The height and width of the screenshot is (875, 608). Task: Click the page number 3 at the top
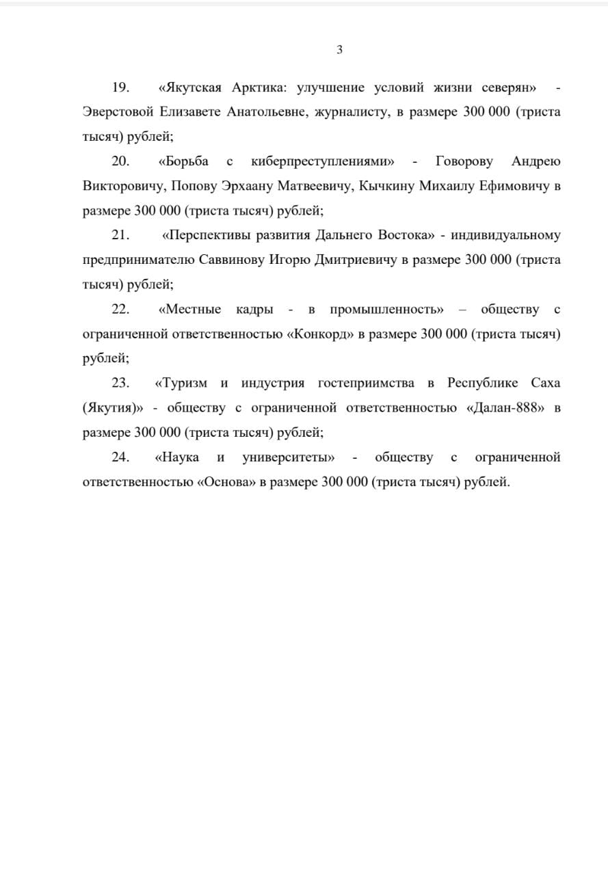pos(339,49)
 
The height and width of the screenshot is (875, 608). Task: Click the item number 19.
pos(120,87)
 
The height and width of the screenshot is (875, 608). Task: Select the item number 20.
pos(120,161)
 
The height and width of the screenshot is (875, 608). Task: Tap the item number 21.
pos(120,235)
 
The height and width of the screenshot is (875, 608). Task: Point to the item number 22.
pos(120,309)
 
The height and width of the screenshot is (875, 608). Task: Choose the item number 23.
pos(120,383)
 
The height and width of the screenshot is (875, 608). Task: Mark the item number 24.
pos(120,457)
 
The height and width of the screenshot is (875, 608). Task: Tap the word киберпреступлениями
pos(323,161)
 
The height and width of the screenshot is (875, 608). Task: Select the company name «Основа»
pos(226,481)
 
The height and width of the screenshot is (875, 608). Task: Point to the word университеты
pos(288,457)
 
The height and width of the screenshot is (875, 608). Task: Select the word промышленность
pos(386,309)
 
